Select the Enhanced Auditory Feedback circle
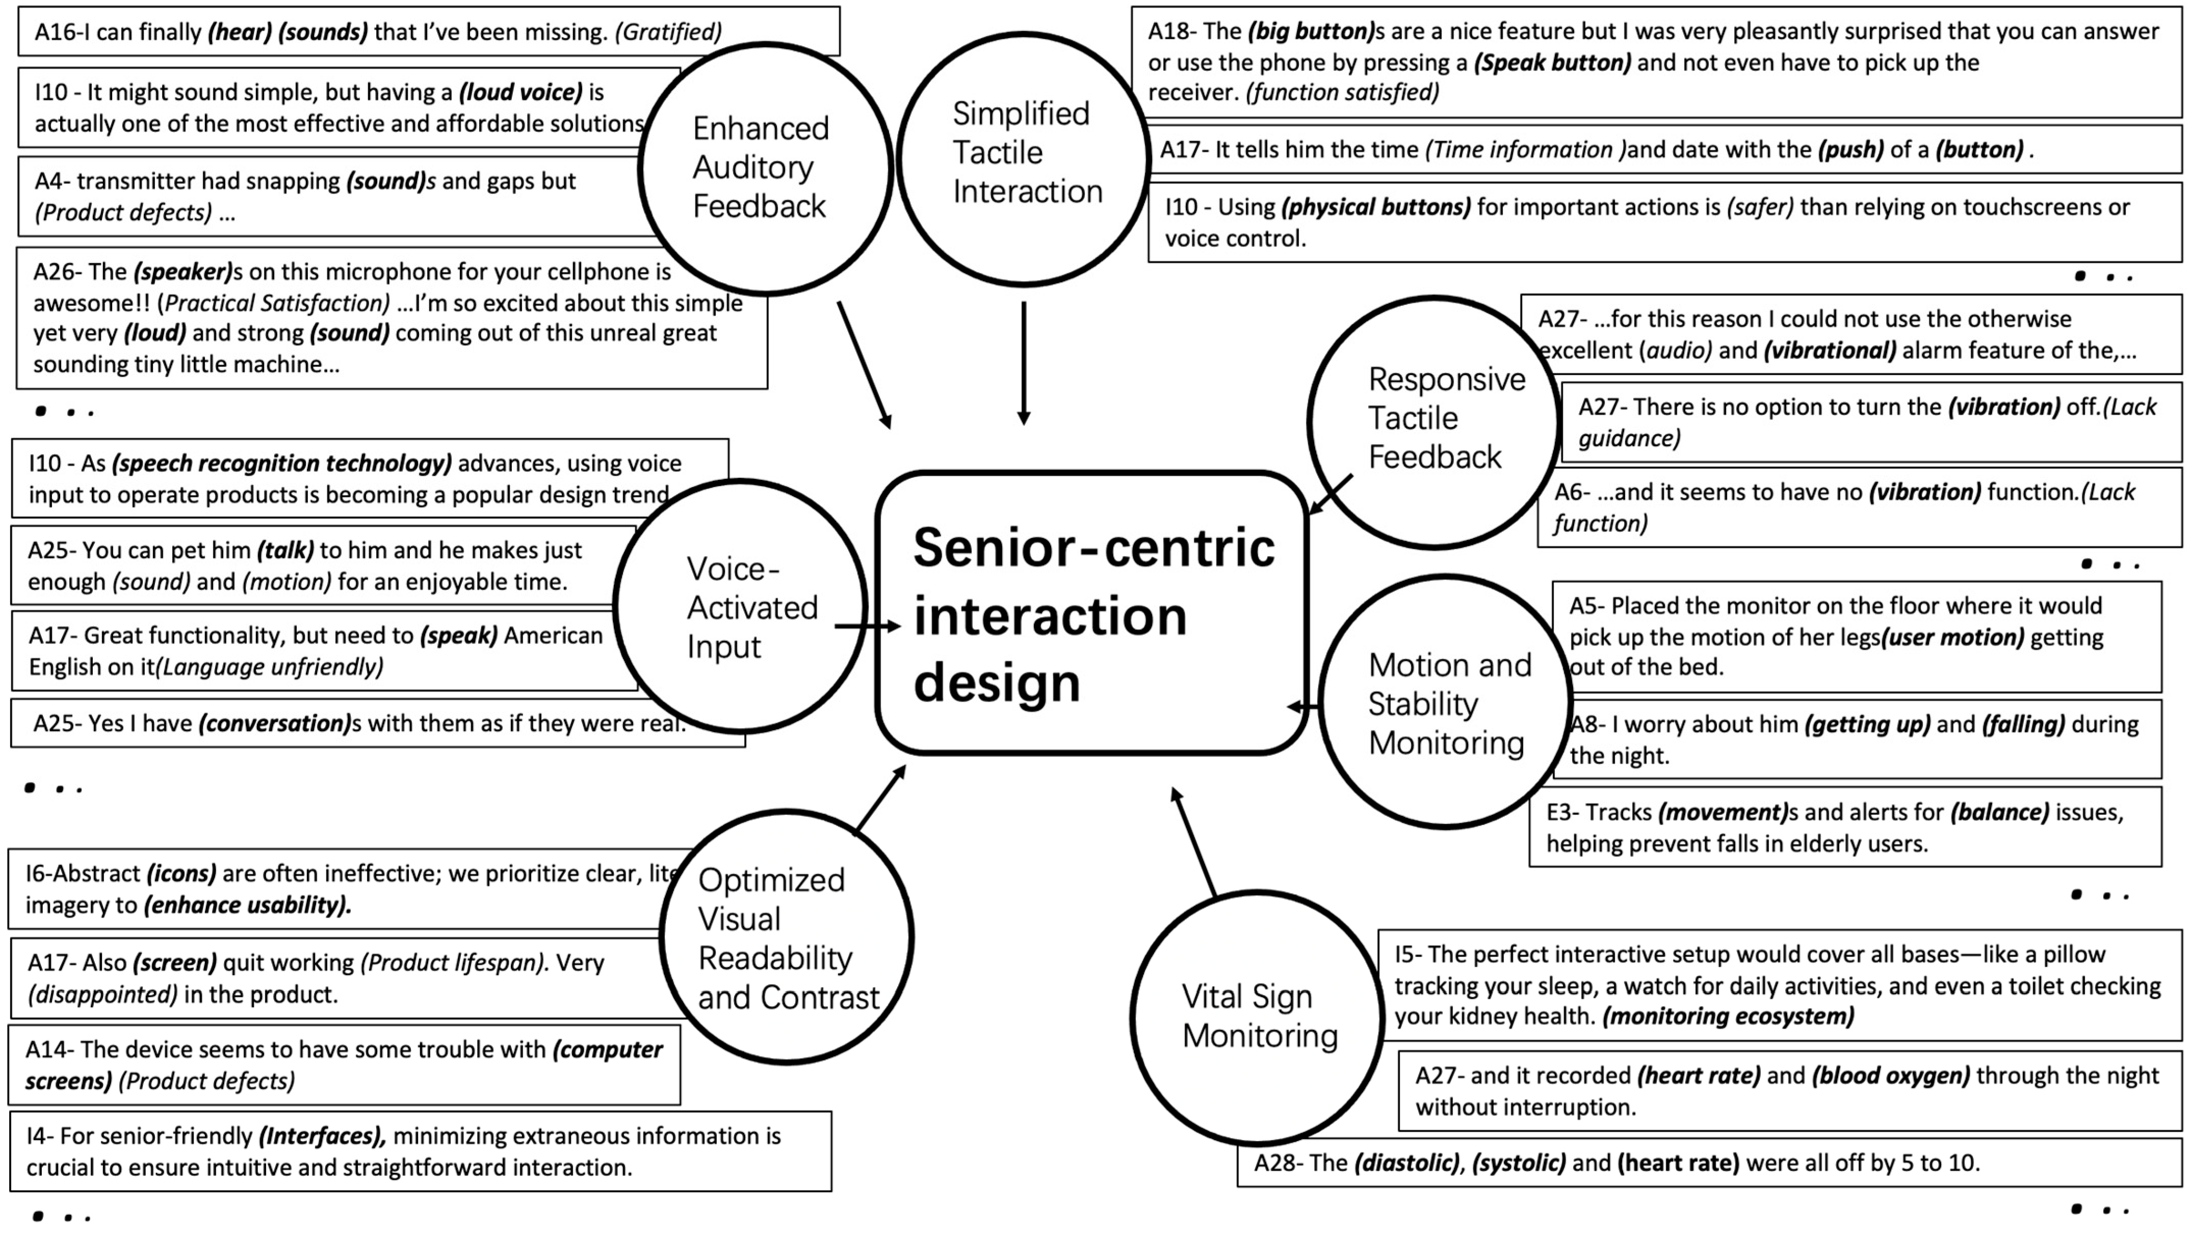point(764,168)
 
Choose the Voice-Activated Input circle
point(740,606)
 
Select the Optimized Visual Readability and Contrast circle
point(787,937)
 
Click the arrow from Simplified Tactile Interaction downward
point(1024,362)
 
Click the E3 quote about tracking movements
point(1845,827)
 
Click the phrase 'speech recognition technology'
point(282,464)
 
